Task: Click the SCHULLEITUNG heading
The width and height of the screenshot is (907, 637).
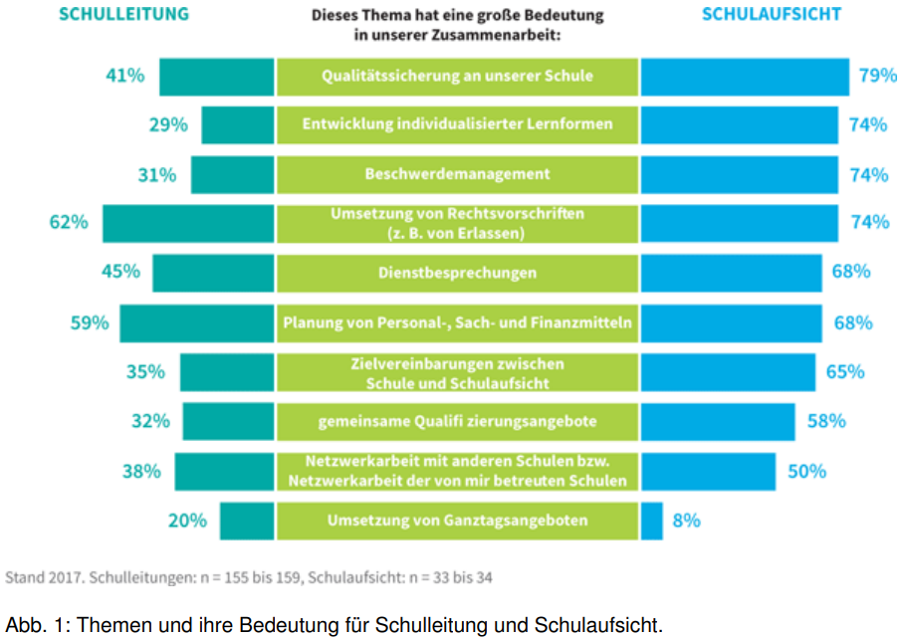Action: [124, 14]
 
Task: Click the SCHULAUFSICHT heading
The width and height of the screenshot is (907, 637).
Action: [771, 14]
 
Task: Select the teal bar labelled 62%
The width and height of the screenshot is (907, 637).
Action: [187, 223]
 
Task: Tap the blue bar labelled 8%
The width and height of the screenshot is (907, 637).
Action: [651, 521]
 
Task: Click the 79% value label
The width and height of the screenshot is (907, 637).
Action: [872, 76]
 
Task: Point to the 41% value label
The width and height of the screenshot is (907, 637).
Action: [125, 76]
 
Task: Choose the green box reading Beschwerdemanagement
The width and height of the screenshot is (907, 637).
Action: [457, 174]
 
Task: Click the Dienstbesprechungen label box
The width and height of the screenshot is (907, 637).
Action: [457, 273]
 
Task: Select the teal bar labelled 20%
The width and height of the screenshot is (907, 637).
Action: [246, 521]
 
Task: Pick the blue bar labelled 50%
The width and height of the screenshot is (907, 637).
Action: [708, 471]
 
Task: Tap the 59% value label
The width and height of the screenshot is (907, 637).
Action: [89, 322]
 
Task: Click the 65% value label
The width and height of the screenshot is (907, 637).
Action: [845, 372]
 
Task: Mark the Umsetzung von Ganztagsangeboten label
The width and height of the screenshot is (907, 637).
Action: [457, 521]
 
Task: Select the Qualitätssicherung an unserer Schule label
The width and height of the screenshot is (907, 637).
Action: [457, 76]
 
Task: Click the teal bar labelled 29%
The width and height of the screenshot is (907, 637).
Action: [237, 125]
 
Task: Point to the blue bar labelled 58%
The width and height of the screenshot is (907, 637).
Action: [718, 421]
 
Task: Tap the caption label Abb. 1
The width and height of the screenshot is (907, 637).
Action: [36, 625]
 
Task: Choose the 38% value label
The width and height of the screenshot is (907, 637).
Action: [141, 471]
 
